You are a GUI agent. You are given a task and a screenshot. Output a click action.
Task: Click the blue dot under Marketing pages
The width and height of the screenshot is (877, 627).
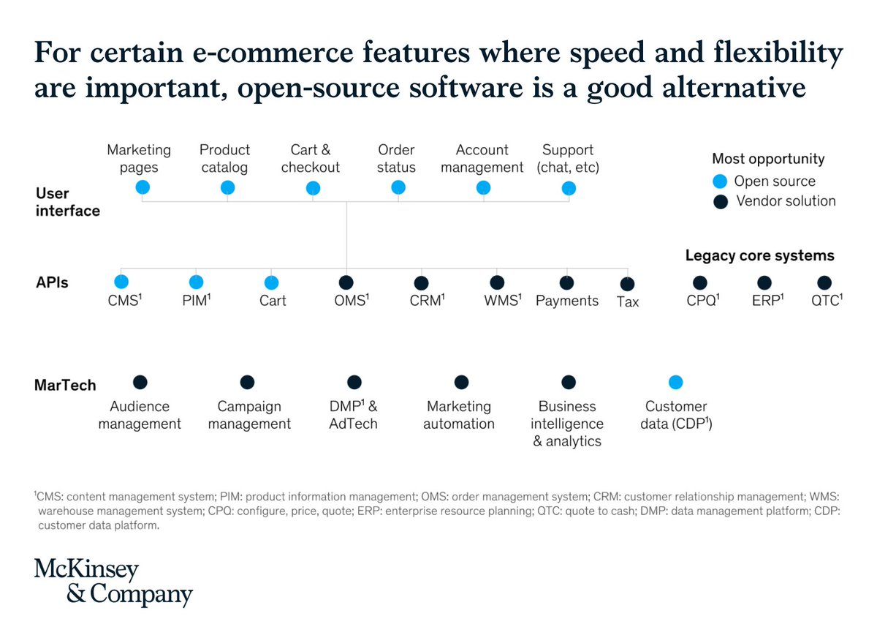point(143,188)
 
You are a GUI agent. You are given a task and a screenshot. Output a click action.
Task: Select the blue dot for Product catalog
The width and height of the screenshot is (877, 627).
point(227,188)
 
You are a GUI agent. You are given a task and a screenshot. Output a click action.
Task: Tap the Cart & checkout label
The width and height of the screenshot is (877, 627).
point(311,159)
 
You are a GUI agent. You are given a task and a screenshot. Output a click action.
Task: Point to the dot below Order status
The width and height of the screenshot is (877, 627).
point(398,188)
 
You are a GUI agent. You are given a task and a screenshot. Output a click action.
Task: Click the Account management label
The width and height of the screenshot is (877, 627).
point(482,159)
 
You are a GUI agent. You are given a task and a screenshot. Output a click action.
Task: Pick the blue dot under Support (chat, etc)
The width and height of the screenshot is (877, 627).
point(569,189)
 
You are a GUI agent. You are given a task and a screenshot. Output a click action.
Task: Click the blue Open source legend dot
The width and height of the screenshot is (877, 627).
point(720,181)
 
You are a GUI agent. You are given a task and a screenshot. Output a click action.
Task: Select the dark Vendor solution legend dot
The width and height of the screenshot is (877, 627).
point(720,200)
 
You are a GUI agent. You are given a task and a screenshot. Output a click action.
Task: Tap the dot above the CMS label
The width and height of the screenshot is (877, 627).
point(121,282)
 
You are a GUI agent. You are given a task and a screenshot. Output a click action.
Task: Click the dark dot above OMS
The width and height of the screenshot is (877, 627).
point(346,282)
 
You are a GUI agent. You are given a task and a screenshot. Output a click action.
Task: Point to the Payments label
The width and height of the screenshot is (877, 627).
point(567,301)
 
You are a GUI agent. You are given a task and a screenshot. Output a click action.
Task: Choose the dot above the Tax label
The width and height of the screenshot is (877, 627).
point(627,284)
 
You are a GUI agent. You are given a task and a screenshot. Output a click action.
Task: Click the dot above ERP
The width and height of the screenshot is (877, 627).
point(764,282)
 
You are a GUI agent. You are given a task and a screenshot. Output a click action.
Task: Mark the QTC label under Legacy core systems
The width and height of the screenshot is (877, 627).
point(825,300)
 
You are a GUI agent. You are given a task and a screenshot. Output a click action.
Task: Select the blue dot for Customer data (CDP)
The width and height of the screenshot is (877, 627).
point(676,382)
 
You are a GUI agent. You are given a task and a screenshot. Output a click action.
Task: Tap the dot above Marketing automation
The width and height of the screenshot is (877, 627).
point(461,382)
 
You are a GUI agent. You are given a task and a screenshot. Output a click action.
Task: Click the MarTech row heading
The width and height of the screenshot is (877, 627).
point(65,385)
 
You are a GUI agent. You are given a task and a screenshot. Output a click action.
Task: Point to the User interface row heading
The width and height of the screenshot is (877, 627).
point(68,202)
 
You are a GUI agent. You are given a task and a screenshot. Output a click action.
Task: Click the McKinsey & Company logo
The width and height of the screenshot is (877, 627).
point(113,583)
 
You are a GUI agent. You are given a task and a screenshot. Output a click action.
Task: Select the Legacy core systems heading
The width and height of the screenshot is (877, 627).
point(759,255)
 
